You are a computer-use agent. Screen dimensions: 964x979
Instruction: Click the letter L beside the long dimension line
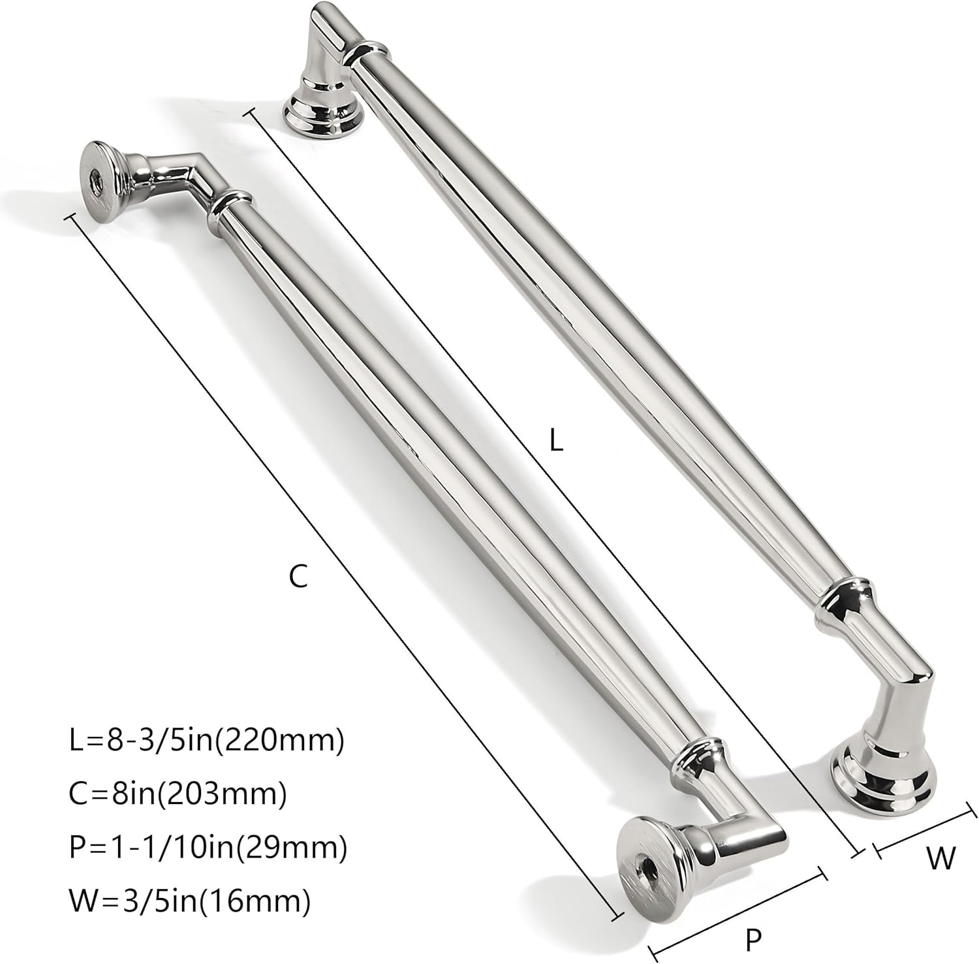[555, 440]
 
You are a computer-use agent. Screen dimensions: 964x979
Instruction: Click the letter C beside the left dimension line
[298, 577]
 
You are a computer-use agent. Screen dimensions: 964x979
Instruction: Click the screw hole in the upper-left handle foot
[96, 178]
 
